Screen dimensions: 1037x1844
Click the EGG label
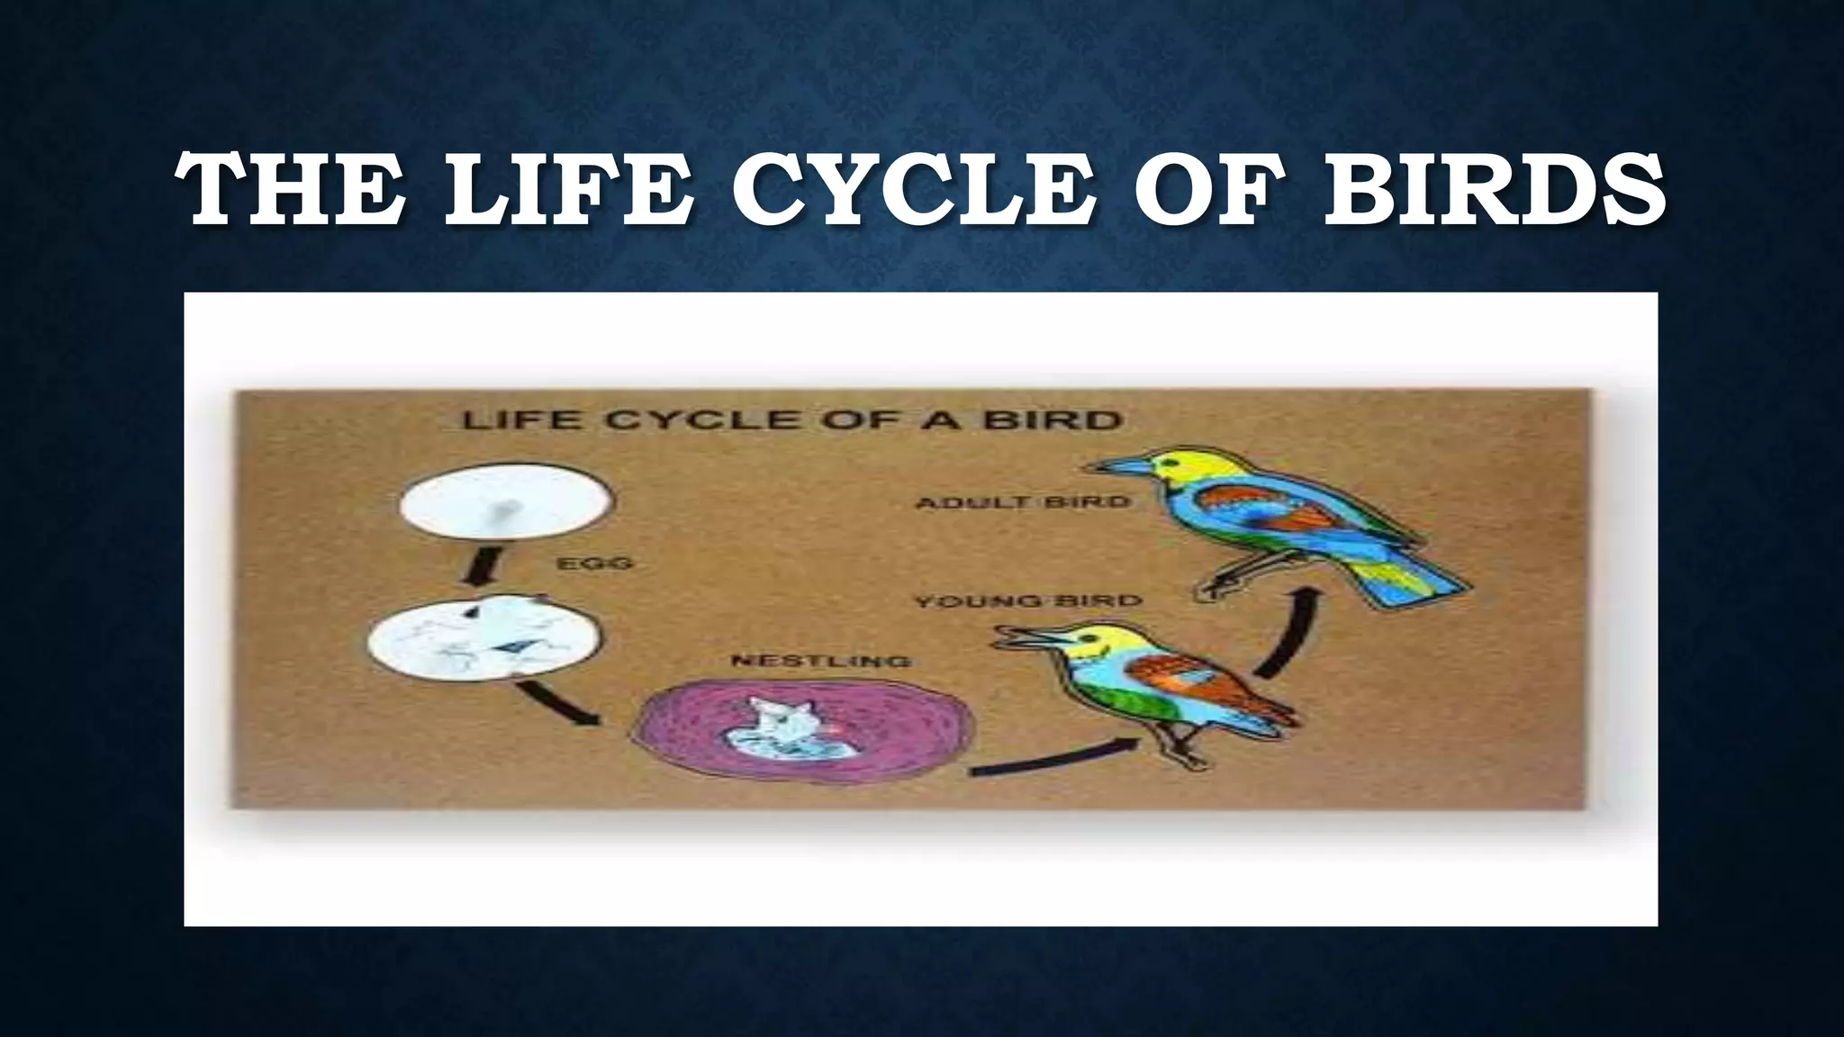click(595, 564)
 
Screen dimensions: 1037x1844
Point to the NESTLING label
click(819, 662)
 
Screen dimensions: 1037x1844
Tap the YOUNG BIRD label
click(1027, 600)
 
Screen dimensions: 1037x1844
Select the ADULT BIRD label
click(1022, 501)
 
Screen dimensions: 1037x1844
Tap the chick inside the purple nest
click(782, 729)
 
